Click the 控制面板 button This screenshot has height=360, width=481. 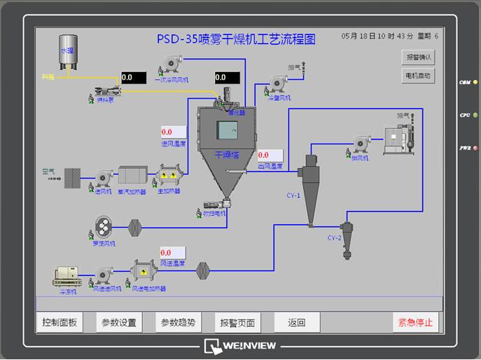60,323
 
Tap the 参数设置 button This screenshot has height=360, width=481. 119,323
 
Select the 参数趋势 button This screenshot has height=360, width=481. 178,323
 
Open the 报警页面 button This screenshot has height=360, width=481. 237,323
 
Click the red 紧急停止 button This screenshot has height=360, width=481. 416,323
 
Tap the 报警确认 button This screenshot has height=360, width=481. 419,57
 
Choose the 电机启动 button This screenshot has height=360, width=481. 419,75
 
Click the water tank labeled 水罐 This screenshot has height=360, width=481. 68,53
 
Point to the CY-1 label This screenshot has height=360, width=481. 293,196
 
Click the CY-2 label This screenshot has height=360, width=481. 335,238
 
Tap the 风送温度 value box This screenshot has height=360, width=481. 173,252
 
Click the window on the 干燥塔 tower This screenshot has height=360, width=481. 227,131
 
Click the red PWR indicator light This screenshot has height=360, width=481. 475,148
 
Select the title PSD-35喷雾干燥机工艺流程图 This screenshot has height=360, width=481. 237,39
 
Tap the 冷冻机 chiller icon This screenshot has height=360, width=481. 68,278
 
